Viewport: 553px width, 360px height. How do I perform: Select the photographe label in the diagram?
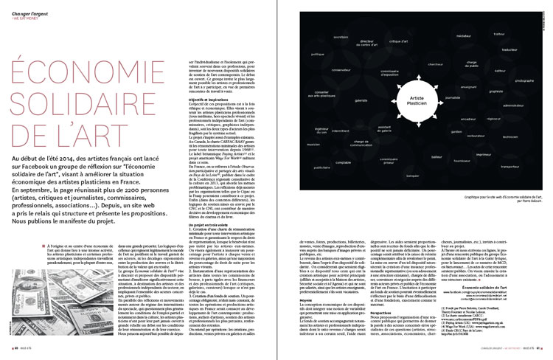[x=524, y=80]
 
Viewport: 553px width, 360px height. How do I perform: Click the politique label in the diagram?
[x=318, y=55]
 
